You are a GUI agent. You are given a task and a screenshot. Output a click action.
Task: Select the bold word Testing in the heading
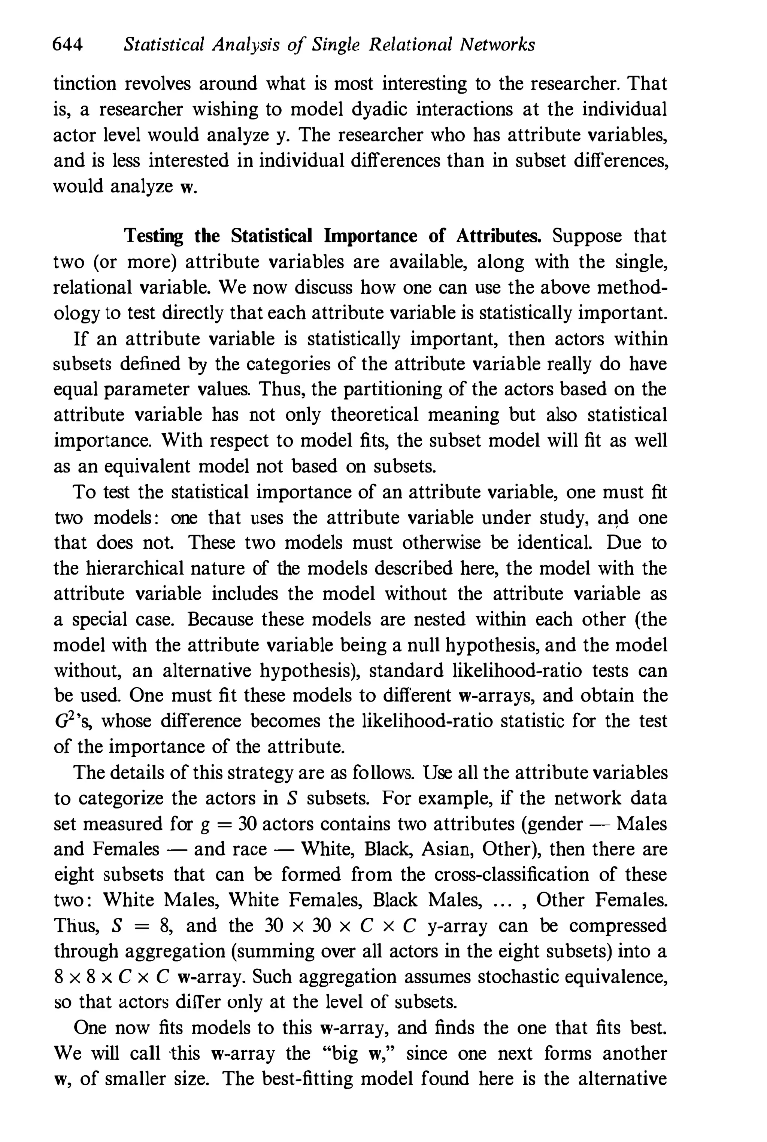tap(154, 236)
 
